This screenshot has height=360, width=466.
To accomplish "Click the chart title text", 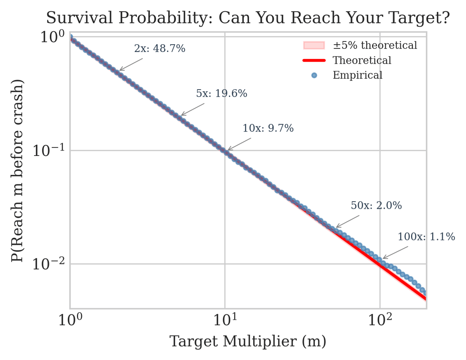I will click(x=248, y=18).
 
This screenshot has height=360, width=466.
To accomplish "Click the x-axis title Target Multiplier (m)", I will click(x=248, y=342).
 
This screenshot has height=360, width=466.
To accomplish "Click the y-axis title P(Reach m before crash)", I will click(x=17, y=171).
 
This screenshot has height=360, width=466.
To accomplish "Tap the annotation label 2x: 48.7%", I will click(x=160, y=49).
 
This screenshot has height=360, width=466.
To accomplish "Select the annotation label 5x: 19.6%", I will click(x=221, y=93).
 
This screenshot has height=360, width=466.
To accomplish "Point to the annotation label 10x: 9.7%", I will click(x=268, y=128).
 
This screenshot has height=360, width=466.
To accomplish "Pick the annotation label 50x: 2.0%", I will click(x=376, y=206).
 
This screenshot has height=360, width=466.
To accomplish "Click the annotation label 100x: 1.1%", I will click(x=426, y=237).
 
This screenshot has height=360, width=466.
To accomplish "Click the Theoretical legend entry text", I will click(x=362, y=61).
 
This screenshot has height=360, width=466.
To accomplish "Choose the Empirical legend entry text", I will click(x=357, y=75).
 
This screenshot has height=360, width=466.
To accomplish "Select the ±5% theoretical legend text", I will click(x=375, y=46).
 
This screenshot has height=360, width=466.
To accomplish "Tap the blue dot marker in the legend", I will click(x=314, y=75).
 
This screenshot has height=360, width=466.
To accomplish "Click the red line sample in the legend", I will click(x=314, y=61).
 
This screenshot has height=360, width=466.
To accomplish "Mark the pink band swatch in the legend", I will click(x=314, y=46).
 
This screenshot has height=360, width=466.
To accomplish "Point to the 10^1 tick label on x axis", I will click(x=225, y=320).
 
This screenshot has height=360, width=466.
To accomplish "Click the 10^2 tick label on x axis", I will click(x=380, y=320).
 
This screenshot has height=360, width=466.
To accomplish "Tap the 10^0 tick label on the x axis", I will click(x=70, y=320).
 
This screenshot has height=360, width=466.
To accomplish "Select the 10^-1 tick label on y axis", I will click(x=48, y=151).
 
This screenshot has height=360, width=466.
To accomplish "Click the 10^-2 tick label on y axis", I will click(x=48, y=264).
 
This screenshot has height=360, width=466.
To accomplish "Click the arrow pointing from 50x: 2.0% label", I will click(x=348, y=222).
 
